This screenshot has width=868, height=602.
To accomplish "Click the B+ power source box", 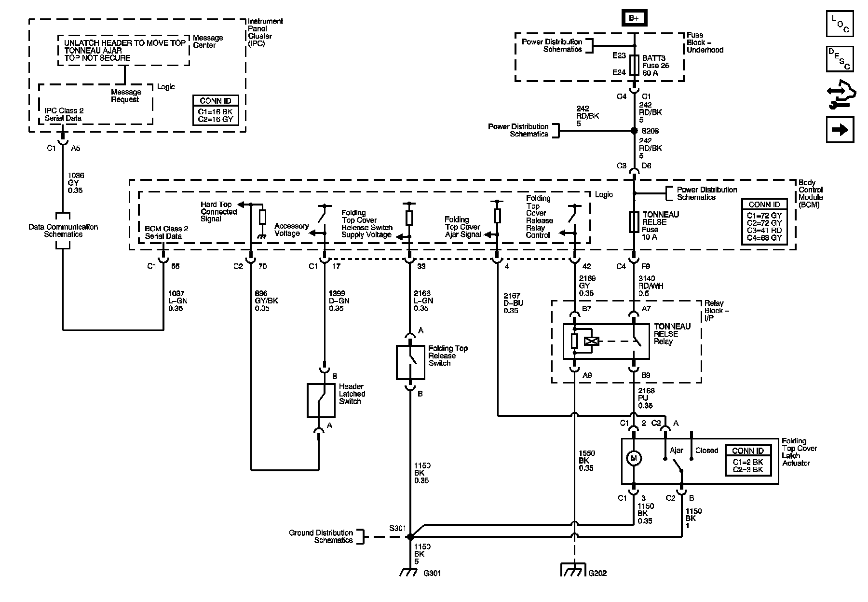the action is (634, 18).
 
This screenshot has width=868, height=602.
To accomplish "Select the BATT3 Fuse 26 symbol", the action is (634, 65).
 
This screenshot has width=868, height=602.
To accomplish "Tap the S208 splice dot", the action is (634, 131).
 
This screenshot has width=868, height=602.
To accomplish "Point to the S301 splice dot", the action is (410, 536).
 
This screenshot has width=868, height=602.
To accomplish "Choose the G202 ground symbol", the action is (574, 570).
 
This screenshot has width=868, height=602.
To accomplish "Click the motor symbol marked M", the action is (634, 458).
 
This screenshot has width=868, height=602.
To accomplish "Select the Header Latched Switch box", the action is (321, 400).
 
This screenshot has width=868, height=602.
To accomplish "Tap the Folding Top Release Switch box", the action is (410, 362).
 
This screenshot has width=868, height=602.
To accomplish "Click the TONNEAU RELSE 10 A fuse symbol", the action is (634, 223).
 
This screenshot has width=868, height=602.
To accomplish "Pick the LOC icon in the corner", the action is (840, 24).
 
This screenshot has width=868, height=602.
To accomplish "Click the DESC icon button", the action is (840, 59).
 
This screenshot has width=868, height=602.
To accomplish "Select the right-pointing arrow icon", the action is (840, 130).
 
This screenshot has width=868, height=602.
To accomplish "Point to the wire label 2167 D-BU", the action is (513, 303).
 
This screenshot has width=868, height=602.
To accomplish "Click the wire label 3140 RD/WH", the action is (651, 286).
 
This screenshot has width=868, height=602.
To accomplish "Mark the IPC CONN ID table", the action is (215, 110).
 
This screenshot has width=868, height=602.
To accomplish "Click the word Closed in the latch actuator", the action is (706, 451).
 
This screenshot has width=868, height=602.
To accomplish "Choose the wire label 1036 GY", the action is (75, 183).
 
